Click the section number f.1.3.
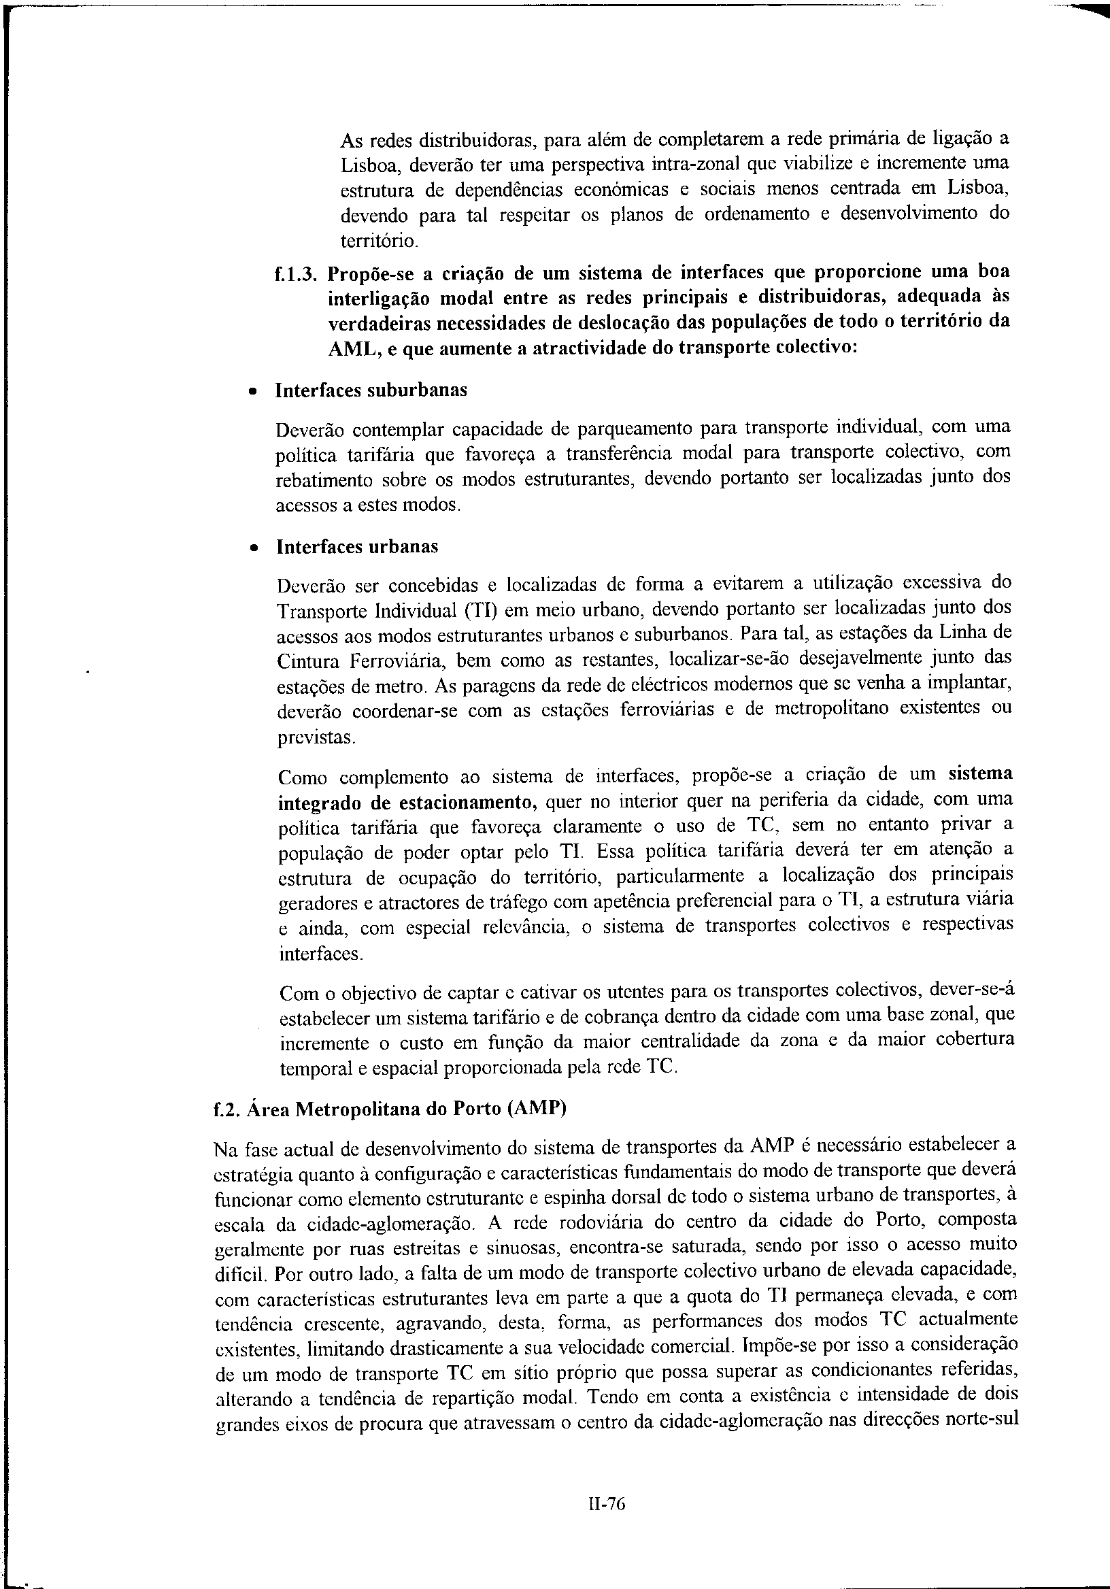point(295,273)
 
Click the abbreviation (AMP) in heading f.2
point(537,1109)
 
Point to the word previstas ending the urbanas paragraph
point(316,738)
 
